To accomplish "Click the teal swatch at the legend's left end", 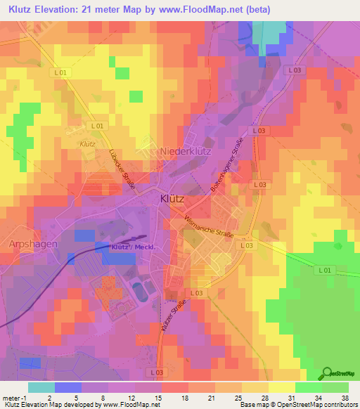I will (x=41, y=387).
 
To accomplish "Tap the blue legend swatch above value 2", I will (x=67, y=387).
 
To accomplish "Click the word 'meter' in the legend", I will (x=11, y=398).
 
